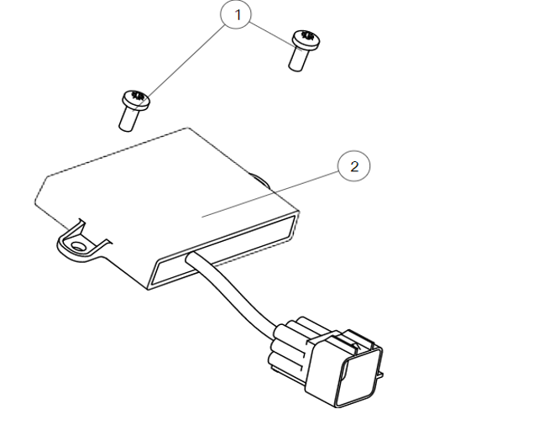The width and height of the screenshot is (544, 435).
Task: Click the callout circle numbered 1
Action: point(236,14)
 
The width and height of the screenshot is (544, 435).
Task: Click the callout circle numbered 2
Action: point(354,166)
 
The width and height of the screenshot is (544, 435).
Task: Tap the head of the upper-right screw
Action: point(306,39)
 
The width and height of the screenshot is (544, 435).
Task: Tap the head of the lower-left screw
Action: point(136,100)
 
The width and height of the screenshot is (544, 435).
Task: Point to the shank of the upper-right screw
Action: point(298,59)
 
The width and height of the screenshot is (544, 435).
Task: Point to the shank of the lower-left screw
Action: point(128,119)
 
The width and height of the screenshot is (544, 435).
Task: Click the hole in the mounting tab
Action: point(78,247)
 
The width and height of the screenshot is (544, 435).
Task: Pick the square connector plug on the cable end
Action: point(343,368)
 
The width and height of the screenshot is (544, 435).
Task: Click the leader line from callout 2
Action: point(270,194)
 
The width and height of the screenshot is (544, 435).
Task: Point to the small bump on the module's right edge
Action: point(261,180)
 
